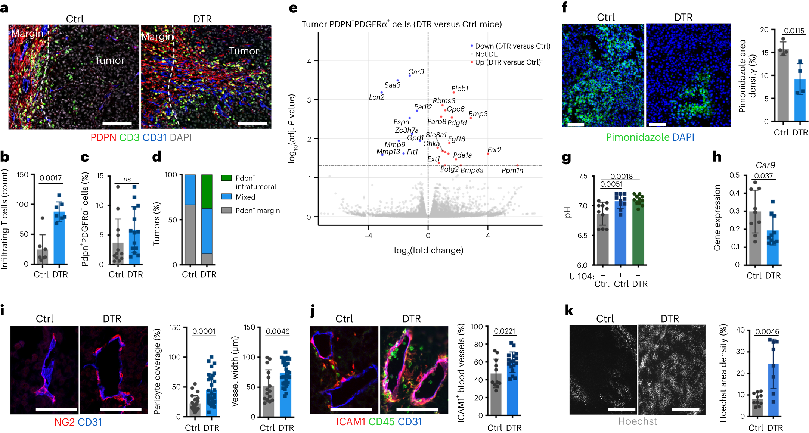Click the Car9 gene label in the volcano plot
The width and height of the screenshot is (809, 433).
[416, 72]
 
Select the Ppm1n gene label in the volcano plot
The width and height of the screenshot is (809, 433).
[512, 171]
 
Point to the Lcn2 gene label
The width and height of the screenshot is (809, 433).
[376, 97]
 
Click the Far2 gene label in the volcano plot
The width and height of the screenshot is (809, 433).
[494, 150]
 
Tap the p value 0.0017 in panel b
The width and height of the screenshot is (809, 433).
[50, 178]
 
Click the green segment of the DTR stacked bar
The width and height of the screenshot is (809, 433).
[207, 191]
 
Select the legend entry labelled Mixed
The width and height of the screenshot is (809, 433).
[245, 197]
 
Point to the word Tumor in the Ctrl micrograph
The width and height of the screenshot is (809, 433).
[109, 60]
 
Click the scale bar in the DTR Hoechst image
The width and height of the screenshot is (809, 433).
[685, 409]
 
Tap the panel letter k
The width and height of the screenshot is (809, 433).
[569, 310]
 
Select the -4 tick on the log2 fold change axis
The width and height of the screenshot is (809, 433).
[368, 236]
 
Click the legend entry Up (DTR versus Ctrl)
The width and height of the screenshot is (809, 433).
[508, 62]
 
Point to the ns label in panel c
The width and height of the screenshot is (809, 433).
[127, 179]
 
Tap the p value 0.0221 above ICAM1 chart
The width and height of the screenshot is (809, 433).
[504, 331]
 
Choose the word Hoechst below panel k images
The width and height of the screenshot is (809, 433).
[637, 421]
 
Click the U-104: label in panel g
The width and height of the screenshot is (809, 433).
[582, 276]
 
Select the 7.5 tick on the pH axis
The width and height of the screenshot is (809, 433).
[583, 176]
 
